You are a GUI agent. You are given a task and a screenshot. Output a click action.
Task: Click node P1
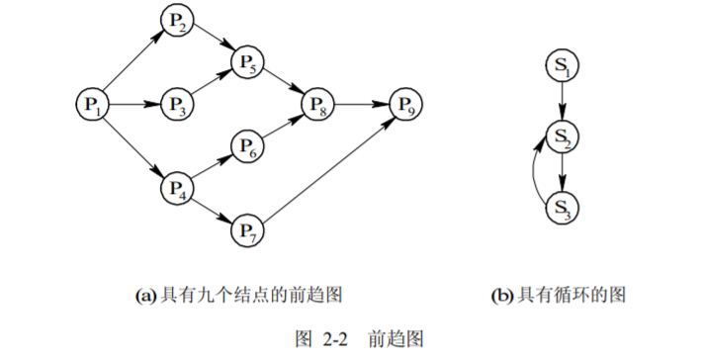click(92, 103)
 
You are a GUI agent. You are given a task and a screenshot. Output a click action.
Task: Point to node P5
click(247, 63)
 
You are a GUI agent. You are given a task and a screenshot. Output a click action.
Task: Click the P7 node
click(247, 229)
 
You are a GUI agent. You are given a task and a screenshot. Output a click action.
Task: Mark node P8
click(317, 103)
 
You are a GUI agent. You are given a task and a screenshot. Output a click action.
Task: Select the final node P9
click(404, 103)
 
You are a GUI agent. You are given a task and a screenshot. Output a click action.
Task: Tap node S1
click(562, 66)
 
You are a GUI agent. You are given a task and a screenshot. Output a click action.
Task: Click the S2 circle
click(562, 136)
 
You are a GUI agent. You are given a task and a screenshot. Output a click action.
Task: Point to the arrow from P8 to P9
click(361, 103)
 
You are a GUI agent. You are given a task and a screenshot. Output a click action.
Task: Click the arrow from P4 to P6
click(212, 165)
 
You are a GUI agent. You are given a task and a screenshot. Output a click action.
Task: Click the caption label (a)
click(145, 294)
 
